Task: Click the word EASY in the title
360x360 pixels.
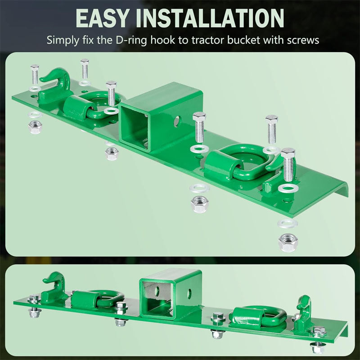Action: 102,18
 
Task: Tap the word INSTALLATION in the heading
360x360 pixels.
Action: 210,18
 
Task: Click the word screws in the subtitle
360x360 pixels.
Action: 303,40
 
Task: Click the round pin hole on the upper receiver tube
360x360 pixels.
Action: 176,121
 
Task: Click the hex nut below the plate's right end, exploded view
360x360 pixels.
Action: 288,243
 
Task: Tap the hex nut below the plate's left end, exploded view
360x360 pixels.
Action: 35,127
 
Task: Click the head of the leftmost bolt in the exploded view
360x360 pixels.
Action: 35,67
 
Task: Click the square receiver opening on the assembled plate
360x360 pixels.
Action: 157,298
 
